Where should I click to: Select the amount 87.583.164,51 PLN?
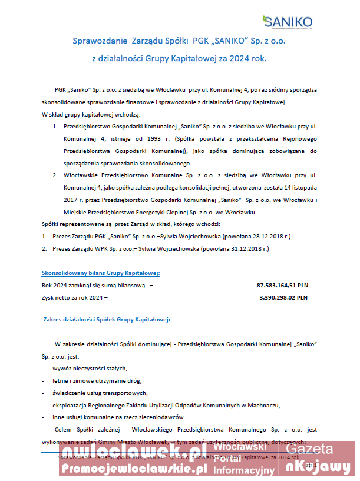pyautogui.click(x=282, y=286)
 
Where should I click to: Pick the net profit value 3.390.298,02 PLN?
pyautogui.click(x=283, y=298)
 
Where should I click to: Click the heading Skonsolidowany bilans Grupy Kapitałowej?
pyautogui.click(x=101, y=273)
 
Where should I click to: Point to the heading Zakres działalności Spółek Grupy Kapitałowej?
pyautogui.click(x=107, y=320)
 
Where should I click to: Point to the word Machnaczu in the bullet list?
pyautogui.click(x=263, y=406)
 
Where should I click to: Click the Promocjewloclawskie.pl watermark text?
pyautogui.click(x=134, y=469)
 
